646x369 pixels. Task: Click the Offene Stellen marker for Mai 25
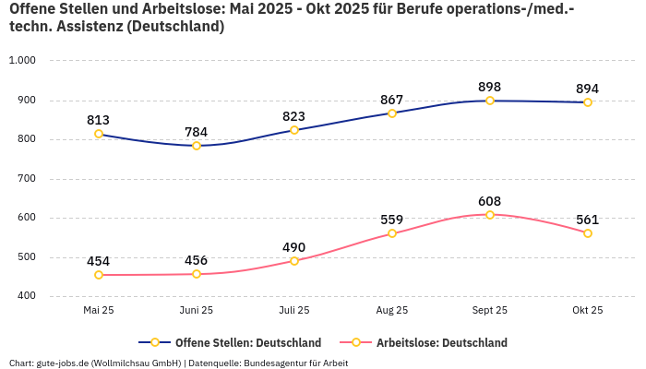pyautogui.click(x=99, y=134)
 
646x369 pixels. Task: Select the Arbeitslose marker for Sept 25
pyautogui.click(x=490, y=215)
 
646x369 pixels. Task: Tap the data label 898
pyautogui.click(x=490, y=87)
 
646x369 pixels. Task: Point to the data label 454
pyautogui.click(x=99, y=261)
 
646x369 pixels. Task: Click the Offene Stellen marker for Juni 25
pyautogui.click(x=197, y=146)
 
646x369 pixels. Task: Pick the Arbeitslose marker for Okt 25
pyautogui.click(x=588, y=233)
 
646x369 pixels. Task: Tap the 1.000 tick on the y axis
pyautogui.click(x=21, y=61)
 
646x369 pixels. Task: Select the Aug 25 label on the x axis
pyautogui.click(x=392, y=311)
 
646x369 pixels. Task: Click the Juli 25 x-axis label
pyautogui.click(x=294, y=311)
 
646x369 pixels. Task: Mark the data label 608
pyautogui.click(x=490, y=201)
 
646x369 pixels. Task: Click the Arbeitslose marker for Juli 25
pyautogui.click(x=294, y=261)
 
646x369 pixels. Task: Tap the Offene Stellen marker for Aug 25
pyautogui.click(x=392, y=113)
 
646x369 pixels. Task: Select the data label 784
pyautogui.click(x=197, y=132)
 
